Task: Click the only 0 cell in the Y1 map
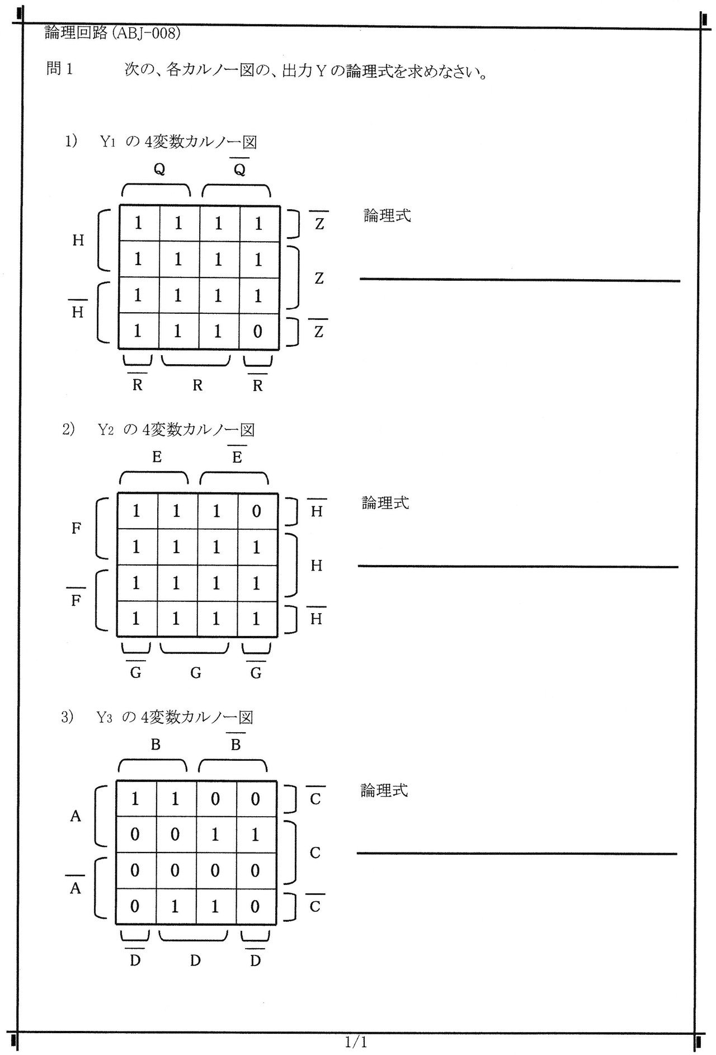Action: click(257, 332)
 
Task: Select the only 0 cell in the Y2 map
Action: click(256, 511)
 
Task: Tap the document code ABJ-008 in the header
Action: click(147, 34)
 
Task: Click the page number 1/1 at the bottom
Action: click(356, 1038)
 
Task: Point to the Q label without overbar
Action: click(159, 170)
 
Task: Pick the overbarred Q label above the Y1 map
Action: click(239, 170)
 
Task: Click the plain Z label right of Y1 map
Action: click(319, 278)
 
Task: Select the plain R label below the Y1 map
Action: click(197, 385)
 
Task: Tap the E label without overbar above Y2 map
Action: click(157, 458)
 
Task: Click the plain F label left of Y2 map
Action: click(77, 528)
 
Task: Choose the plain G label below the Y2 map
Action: click(195, 673)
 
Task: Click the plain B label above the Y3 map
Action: click(156, 745)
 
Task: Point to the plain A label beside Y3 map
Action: click(76, 817)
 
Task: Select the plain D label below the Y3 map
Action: click(195, 961)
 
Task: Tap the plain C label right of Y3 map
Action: click(315, 853)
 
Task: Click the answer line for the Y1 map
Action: click(519, 280)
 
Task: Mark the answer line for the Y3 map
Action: click(516, 854)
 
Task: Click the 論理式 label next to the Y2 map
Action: click(385, 503)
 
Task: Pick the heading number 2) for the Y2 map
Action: click(68, 430)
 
